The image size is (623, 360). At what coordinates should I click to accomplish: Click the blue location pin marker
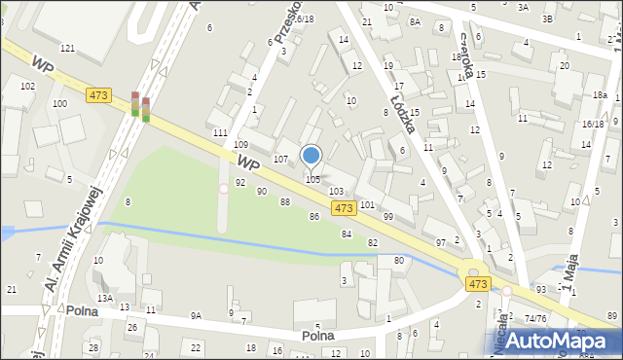(x=311, y=156)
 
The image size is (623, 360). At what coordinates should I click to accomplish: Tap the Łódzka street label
(x=405, y=98)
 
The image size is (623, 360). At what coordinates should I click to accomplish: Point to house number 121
(x=67, y=48)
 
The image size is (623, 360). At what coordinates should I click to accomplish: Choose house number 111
(x=220, y=132)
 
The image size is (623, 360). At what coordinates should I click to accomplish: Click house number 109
(x=240, y=144)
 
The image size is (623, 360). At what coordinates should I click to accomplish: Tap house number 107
(x=280, y=159)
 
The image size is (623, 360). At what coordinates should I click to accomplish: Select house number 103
(x=336, y=192)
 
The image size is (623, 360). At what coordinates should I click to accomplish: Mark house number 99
(x=387, y=216)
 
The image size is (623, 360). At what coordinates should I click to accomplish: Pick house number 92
(x=239, y=183)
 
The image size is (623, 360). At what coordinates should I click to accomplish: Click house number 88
(x=285, y=201)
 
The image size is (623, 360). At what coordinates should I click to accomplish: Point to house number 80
(x=398, y=261)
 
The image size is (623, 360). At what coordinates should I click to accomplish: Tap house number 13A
(x=104, y=299)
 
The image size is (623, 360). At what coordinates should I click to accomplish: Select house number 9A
(x=196, y=315)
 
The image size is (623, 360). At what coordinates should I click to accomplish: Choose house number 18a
(x=601, y=95)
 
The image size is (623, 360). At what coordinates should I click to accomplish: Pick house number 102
(x=27, y=87)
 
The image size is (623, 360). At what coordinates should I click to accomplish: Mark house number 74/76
(x=534, y=318)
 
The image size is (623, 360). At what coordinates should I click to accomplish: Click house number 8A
(x=415, y=21)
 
